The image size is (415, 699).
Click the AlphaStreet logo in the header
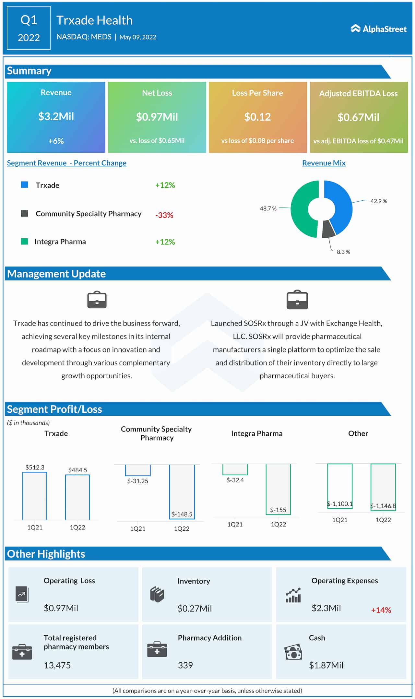coord(378,29)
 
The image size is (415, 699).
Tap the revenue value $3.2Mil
coord(56,116)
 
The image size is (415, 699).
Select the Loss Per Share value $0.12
coord(257,117)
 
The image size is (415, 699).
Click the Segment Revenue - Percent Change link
coord(66,163)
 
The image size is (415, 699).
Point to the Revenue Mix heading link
coord(324,163)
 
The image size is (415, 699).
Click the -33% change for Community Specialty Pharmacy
coord(164,215)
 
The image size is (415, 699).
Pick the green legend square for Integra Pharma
coord(24,241)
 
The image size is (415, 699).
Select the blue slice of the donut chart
coord(340,204)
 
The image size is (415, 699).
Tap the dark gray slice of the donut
coord(328,229)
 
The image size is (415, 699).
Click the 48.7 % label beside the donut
coord(268,208)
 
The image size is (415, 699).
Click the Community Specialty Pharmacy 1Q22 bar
coord(182,491)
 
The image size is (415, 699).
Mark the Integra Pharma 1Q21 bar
coord(235,469)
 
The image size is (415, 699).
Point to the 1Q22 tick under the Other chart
coord(383,520)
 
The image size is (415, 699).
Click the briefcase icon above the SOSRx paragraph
coord(297,300)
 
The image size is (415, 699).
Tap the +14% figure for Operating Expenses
coord(381,610)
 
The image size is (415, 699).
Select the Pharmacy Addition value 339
coord(185,665)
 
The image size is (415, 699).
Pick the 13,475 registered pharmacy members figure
coord(57,665)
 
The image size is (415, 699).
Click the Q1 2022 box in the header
coord(29,28)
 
